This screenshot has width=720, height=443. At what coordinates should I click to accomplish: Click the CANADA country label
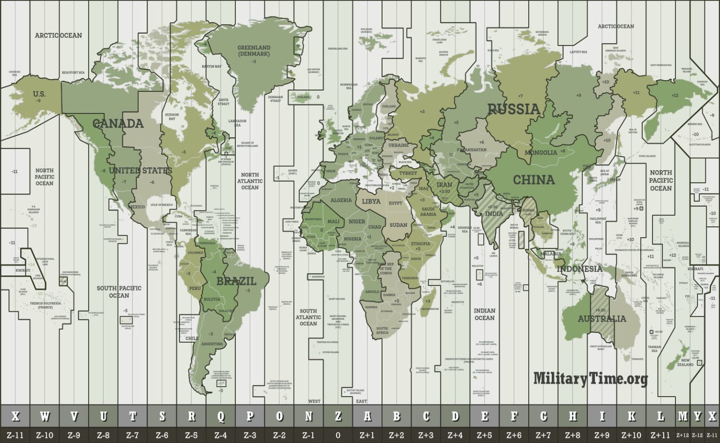pos(118,124)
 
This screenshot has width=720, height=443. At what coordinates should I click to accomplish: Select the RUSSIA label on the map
pos(514,109)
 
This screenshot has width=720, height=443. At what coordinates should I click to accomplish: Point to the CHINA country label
pos(533,180)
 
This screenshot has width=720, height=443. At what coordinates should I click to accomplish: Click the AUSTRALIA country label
pos(602,319)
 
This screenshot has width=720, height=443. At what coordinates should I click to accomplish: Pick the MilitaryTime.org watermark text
pos(591,378)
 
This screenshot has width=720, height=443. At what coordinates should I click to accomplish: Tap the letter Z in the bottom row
pos(338,416)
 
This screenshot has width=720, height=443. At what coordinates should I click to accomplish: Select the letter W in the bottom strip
pos(45,416)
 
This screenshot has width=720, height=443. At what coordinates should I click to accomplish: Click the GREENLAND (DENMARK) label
pos(254,51)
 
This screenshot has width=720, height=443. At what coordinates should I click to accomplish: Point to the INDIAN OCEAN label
pos(484,314)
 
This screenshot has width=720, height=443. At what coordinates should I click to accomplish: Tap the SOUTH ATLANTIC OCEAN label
pos(308,317)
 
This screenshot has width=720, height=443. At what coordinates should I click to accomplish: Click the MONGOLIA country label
pos(541,152)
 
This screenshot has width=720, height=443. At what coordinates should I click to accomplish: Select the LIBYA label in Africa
pos(371,201)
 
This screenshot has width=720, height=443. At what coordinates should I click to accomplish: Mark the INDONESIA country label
pos(579,269)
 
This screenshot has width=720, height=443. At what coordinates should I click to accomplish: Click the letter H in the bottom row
pos(573,416)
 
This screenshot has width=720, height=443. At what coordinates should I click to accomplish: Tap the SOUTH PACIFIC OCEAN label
pos(119,292)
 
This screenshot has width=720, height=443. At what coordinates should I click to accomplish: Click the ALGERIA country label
pos(341,200)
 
